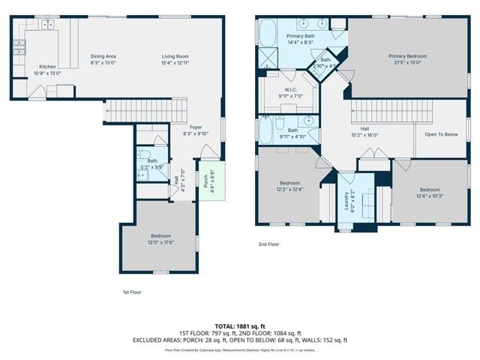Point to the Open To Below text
click(x=441, y=134)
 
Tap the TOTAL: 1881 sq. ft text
click(x=240, y=326)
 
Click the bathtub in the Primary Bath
click(x=268, y=34)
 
